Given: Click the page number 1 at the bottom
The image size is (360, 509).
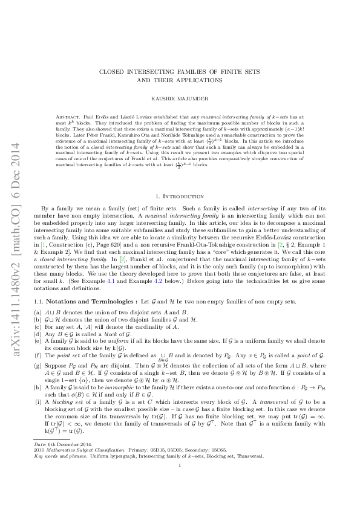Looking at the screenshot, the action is (x=180, y=482).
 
